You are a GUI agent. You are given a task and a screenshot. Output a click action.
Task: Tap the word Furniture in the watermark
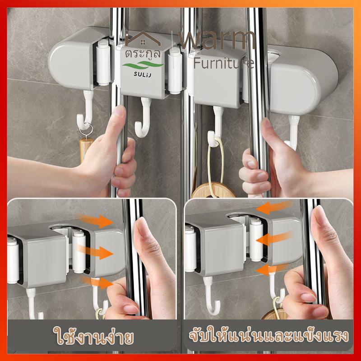tap(224, 63)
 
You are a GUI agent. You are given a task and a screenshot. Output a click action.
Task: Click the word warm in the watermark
tap(217, 40)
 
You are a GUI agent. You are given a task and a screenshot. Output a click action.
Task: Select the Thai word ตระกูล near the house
tap(143, 54)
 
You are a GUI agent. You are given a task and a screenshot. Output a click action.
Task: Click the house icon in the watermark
tap(143, 38)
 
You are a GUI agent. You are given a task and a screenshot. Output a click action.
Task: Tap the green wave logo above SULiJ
tap(143, 65)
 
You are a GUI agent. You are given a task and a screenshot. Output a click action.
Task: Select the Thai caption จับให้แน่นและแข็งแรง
tap(268, 336)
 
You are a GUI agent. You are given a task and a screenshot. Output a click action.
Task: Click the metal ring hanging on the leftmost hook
tap(85, 130)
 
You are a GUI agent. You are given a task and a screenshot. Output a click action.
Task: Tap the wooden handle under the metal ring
tap(85, 149)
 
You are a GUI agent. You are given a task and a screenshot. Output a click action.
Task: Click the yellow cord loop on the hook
tap(215, 166)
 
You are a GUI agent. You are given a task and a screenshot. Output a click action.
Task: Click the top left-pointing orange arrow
tap(273, 207)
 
